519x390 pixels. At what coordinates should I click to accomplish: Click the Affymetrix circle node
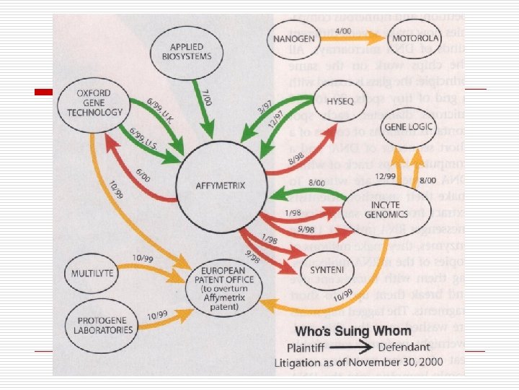click(x=220, y=186)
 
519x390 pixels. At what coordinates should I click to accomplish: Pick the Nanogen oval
click(x=296, y=38)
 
